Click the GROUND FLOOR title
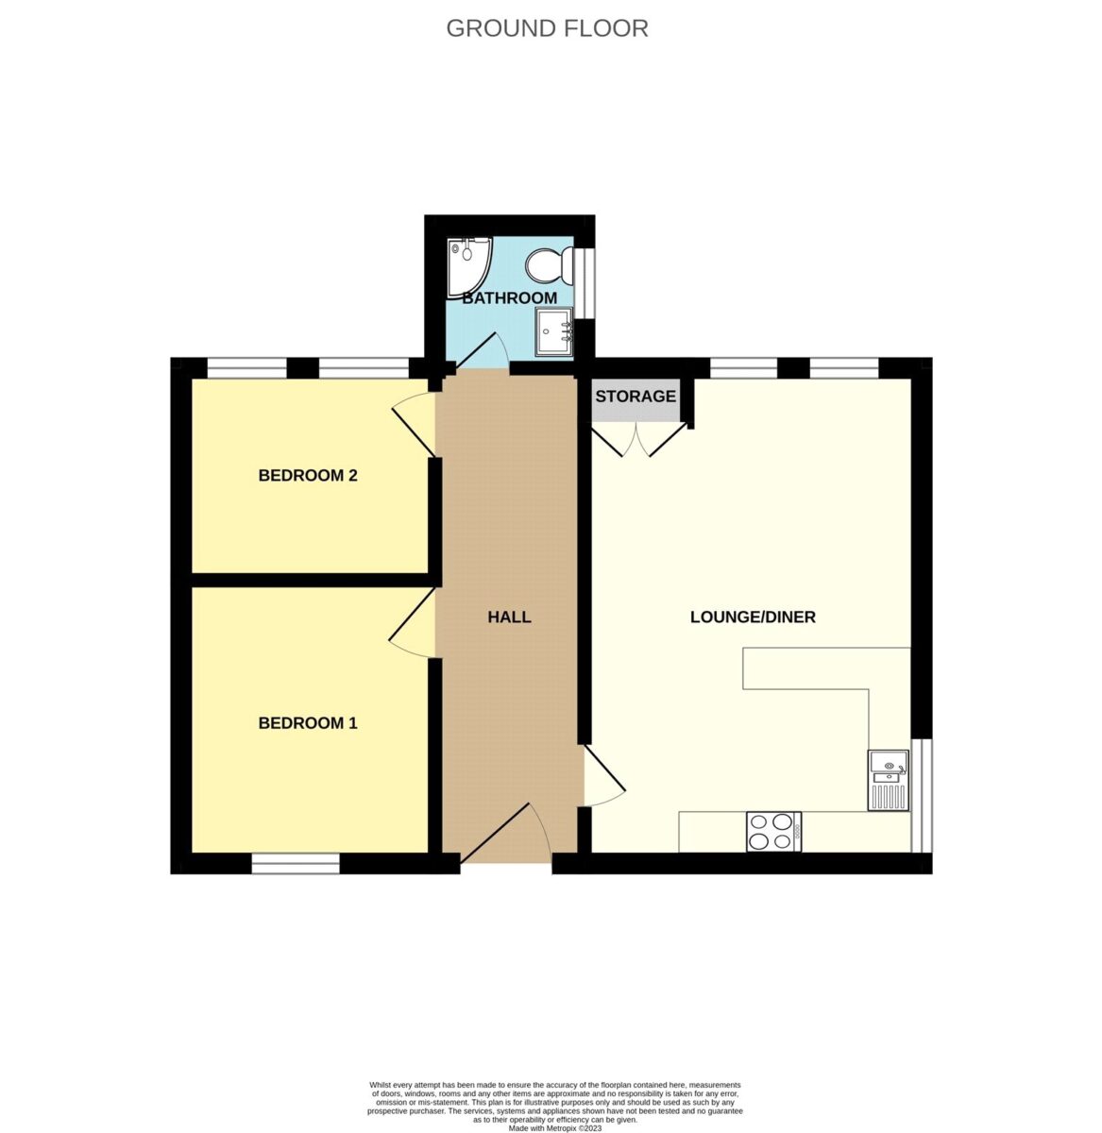pos(547,28)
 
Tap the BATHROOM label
pos(510,298)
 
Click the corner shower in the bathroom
pos(469,268)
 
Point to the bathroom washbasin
pos(554,330)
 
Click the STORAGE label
pos(636,397)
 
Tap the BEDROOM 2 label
pos(308,476)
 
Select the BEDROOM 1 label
pos(308,723)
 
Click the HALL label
pos(510,617)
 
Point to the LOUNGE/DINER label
pos(753,617)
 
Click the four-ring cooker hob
pos(773,832)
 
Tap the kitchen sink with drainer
pos(889,781)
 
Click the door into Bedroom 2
pos(415,424)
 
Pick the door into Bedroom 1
pos(413,623)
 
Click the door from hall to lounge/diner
pos(602,775)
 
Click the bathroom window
pos(585,283)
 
